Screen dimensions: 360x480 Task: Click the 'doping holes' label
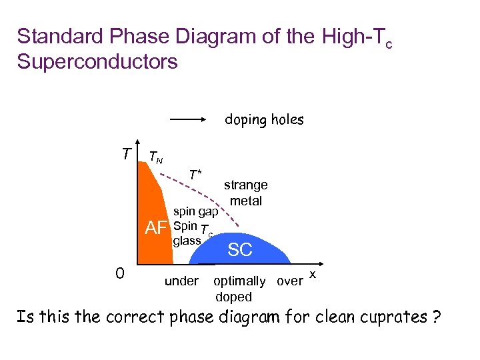click(x=264, y=120)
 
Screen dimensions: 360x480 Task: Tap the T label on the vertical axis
click(x=126, y=154)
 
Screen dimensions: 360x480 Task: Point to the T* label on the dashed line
click(x=195, y=175)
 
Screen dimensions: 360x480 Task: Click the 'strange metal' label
click(x=246, y=193)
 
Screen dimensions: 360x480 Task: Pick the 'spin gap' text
click(x=196, y=212)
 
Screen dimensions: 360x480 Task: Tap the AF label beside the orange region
click(x=156, y=229)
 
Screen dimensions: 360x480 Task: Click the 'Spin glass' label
click(x=186, y=233)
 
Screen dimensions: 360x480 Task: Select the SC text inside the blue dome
click(x=240, y=250)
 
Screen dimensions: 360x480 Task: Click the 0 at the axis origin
click(x=119, y=273)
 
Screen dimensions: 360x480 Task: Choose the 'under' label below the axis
click(x=181, y=281)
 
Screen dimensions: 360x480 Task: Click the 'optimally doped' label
click(x=238, y=289)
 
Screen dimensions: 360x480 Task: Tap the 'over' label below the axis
click(x=289, y=281)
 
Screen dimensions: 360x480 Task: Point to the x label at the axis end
click(x=313, y=275)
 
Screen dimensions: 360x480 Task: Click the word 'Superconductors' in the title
click(x=97, y=62)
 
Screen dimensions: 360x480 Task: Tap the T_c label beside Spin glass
click(x=207, y=233)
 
